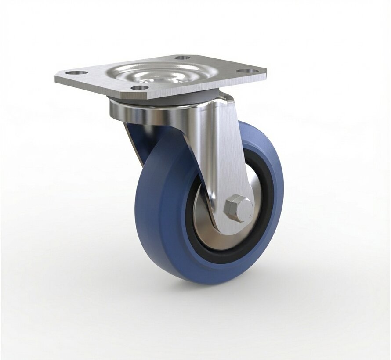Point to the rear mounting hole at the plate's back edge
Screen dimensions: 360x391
click(182, 58)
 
